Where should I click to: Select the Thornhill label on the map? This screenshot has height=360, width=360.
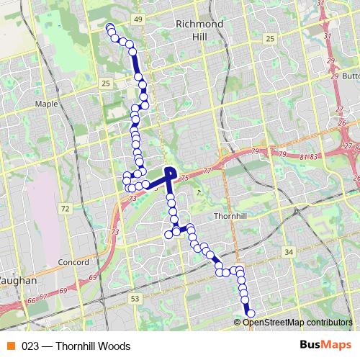coord(231,216)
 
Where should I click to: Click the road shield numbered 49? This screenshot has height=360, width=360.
coord(138,17)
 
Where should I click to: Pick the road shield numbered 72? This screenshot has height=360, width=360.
coord(65,209)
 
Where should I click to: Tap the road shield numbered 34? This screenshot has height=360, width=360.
coord(289,252)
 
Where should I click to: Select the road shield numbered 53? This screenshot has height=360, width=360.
coord(135,297)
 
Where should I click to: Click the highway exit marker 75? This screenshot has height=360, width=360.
coord(184,178)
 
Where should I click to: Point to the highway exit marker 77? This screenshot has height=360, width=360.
coord(208,171)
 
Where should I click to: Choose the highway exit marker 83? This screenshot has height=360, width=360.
coord(313,156)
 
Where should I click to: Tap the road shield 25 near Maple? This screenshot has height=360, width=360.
coord(106,84)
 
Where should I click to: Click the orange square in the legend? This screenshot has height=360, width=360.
coord(10,345)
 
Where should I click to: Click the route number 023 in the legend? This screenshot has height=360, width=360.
coord(30,345)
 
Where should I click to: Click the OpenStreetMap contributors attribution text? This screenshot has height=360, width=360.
coord(297,322)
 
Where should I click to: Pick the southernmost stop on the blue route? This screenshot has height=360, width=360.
coord(251,313)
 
